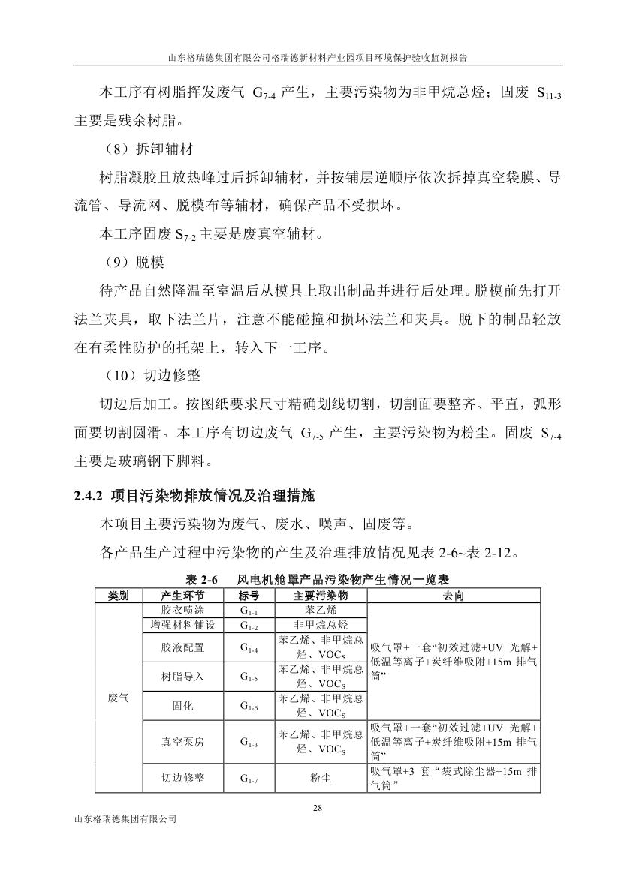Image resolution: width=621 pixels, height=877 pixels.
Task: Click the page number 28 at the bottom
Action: coord(316,807)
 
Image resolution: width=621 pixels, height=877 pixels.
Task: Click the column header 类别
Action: coord(118,595)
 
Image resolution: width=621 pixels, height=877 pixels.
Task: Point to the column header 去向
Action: coord(454,595)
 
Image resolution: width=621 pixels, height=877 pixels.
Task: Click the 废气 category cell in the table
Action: coord(118,697)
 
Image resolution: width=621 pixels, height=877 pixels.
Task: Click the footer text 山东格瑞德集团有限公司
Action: coord(122,819)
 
